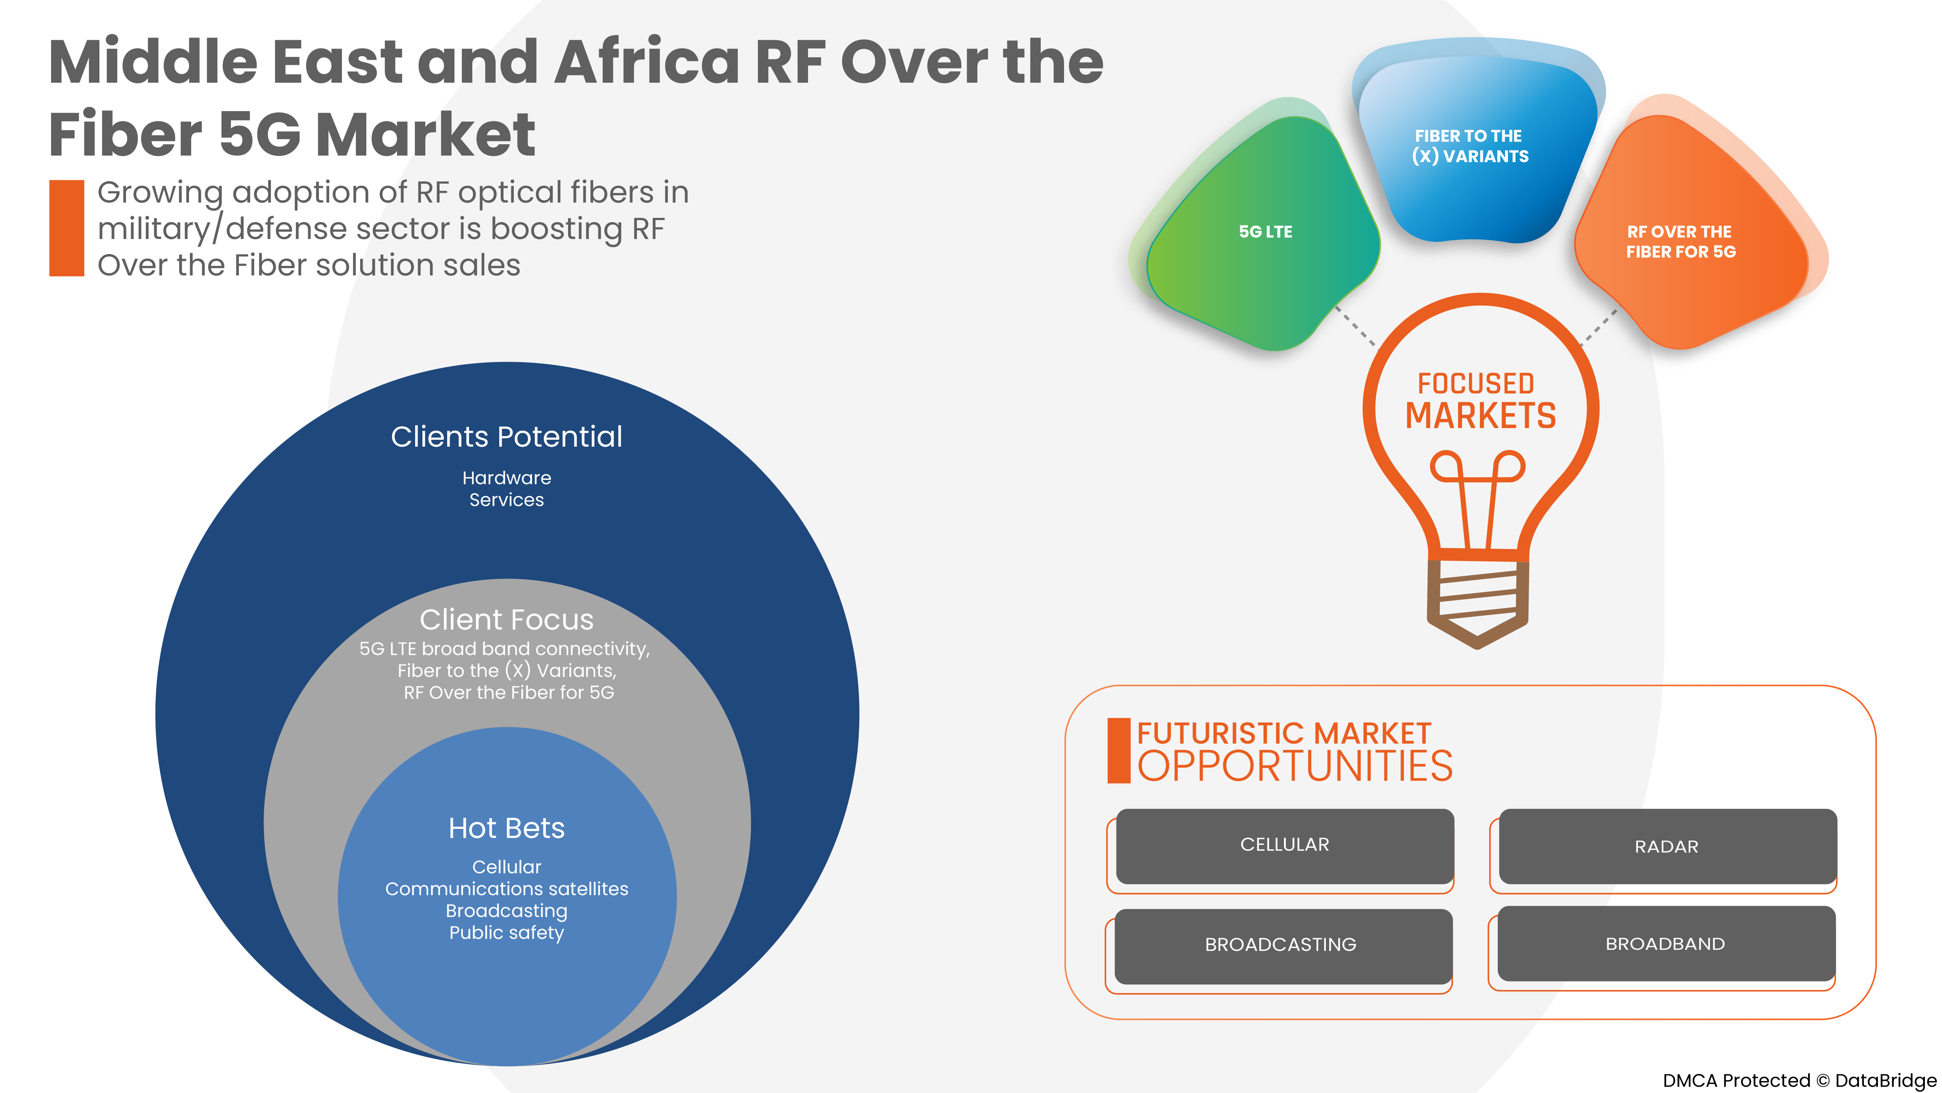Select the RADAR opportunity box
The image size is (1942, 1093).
(x=1667, y=846)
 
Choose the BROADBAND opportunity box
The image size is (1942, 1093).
(x=1665, y=944)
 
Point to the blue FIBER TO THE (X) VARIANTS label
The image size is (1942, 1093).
(x=1470, y=146)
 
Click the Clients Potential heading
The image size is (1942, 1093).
(x=507, y=437)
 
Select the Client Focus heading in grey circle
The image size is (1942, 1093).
(x=507, y=619)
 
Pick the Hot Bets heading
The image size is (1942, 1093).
(x=507, y=828)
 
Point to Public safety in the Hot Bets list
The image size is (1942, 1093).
(x=507, y=933)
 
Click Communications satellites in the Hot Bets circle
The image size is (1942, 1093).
(x=507, y=889)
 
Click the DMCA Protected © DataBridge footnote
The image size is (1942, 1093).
(x=1799, y=1080)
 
